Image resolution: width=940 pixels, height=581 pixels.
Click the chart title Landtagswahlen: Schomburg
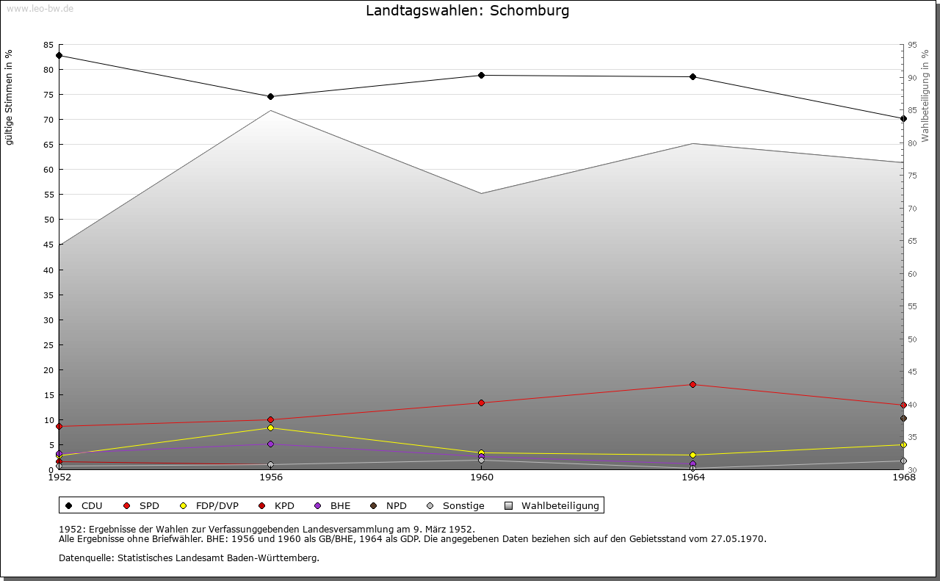tap(467, 11)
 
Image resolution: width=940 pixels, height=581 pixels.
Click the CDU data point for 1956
tap(271, 96)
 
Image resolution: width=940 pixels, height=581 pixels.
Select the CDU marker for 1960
tap(482, 75)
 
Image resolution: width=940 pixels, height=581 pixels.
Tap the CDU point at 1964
tap(693, 76)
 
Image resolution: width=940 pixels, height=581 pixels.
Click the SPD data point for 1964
tap(693, 384)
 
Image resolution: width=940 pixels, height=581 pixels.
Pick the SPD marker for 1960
tap(482, 403)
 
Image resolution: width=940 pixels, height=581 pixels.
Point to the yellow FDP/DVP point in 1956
tap(271, 427)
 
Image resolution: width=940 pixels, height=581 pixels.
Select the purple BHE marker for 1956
tap(271, 444)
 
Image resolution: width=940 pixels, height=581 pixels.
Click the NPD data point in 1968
tap(903, 418)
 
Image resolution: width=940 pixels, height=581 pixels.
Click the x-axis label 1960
tap(482, 477)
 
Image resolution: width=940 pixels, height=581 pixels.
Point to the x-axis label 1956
tap(271, 477)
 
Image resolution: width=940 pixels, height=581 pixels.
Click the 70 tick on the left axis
tap(48, 120)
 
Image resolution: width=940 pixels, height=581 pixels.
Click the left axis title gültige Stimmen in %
tap(10, 98)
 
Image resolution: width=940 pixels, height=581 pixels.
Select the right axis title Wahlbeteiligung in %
tap(925, 96)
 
